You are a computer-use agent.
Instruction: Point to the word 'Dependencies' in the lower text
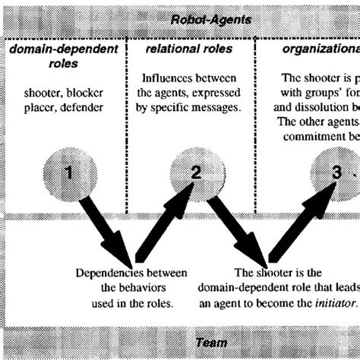click(107, 273)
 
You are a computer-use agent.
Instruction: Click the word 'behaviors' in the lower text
click(129, 286)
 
